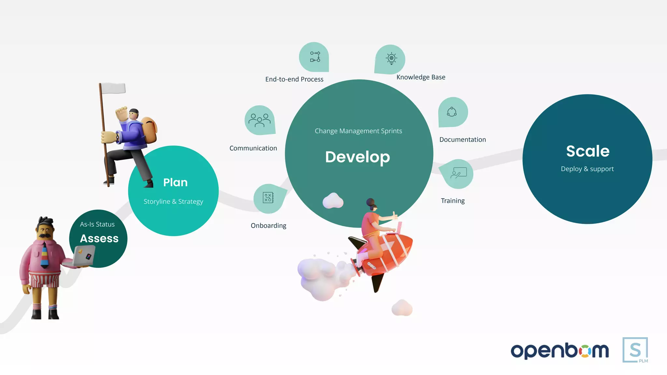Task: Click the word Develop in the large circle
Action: click(357, 157)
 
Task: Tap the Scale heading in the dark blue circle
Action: click(588, 151)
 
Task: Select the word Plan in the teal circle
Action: click(175, 182)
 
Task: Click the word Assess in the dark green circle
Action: click(99, 239)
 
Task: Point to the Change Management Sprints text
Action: click(358, 131)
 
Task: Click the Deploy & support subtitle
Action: click(587, 169)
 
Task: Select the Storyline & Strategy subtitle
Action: click(173, 201)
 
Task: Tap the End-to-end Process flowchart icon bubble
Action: click(314, 57)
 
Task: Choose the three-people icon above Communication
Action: click(260, 120)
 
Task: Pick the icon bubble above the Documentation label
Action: click(452, 112)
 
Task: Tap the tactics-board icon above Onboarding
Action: click(268, 198)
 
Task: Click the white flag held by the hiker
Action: click(113, 88)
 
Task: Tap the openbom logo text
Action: click(560, 351)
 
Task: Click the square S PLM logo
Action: click(635, 350)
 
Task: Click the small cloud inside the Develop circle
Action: click(333, 201)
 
